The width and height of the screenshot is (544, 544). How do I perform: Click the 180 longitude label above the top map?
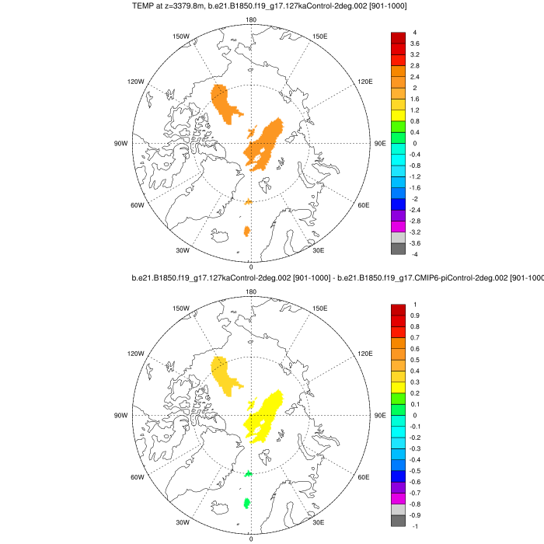point(251,20)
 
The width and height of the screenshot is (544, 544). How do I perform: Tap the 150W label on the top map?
point(181,37)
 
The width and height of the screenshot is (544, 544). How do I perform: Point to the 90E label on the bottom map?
point(380,416)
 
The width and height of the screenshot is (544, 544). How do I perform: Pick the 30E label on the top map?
point(318,250)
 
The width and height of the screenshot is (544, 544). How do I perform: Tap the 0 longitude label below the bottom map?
point(251,538)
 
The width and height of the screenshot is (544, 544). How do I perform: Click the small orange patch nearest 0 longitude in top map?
point(247,231)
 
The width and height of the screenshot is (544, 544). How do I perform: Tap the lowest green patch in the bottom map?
point(247,503)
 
